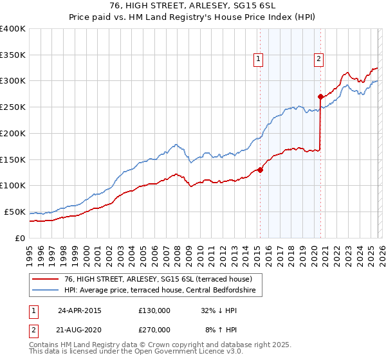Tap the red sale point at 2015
point(260,170)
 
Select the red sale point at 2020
point(320,96)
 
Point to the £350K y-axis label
point(12,55)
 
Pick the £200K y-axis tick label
point(12,134)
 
